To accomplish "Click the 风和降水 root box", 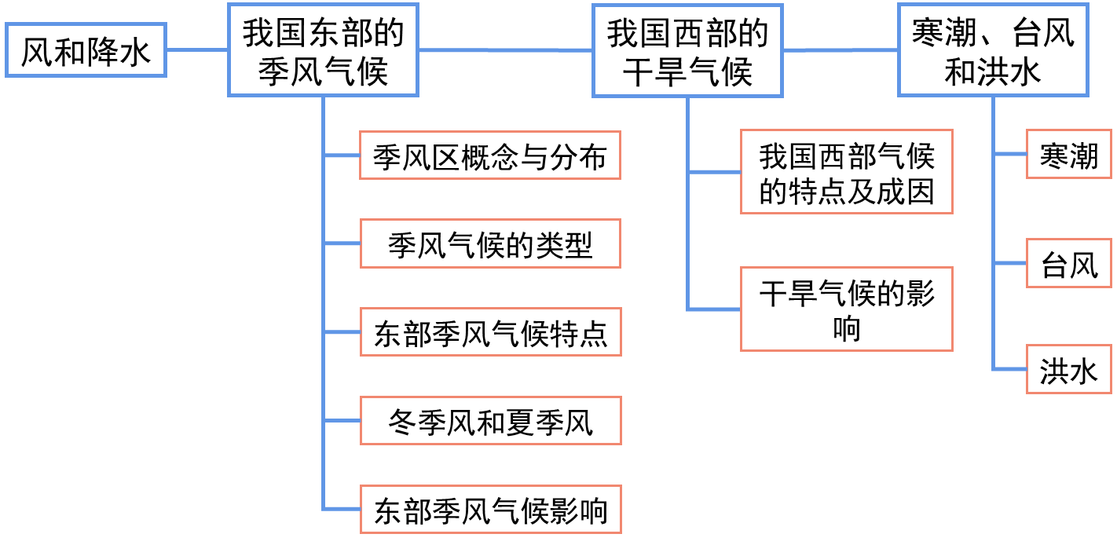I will [86, 50].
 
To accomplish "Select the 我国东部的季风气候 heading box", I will [323, 50].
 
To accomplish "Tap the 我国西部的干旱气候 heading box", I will [687, 50].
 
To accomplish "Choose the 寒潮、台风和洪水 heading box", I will [993, 50].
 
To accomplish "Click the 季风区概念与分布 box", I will [490, 155].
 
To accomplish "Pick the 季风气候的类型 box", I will [490, 244].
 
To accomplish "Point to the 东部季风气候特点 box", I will [490, 332].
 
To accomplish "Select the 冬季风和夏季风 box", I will [490, 421].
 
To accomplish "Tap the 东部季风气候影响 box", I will [490, 509].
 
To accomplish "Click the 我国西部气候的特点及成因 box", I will [846, 171].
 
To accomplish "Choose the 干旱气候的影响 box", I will [846, 309].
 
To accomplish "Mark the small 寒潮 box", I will [1069, 155].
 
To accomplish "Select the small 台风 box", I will [1069, 263].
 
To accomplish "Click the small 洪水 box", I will [1069, 369].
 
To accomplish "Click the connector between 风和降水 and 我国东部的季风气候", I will [197, 50].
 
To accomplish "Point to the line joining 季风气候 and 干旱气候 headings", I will [505, 50].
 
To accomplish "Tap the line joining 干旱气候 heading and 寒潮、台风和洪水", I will [840, 50].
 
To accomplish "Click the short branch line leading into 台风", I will [1010, 263].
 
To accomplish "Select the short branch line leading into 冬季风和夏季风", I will [342, 421].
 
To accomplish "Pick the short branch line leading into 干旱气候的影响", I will [714, 309].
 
